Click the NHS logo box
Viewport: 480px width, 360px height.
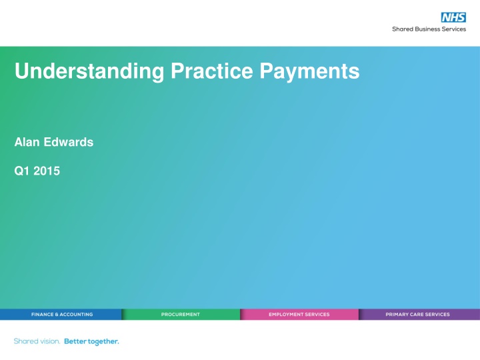click(453, 17)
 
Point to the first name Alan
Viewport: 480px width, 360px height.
click(26, 142)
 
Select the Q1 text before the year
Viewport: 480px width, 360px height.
click(21, 171)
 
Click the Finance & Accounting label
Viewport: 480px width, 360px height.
click(62, 314)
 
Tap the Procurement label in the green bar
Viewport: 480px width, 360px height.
click(180, 314)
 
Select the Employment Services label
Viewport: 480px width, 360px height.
click(299, 314)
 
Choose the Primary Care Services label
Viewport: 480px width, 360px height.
click(417, 314)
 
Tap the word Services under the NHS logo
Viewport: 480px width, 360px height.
click(455, 29)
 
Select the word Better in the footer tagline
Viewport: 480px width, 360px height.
click(75, 341)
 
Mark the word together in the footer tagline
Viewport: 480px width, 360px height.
click(103, 341)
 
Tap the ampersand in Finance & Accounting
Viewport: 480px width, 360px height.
click(58, 314)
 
